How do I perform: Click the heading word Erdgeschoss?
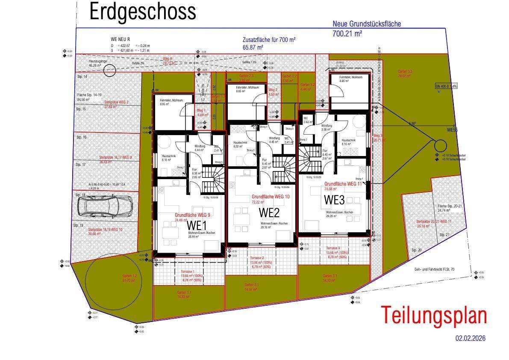click(x=142, y=12)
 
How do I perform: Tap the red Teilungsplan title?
click(x=434, y=316)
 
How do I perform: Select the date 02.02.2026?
click(x=470, y=339)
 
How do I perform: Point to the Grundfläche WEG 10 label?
click(x=271, y=197)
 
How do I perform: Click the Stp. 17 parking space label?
click(x=81, y=165)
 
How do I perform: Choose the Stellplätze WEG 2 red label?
click(x=117, y=102)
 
